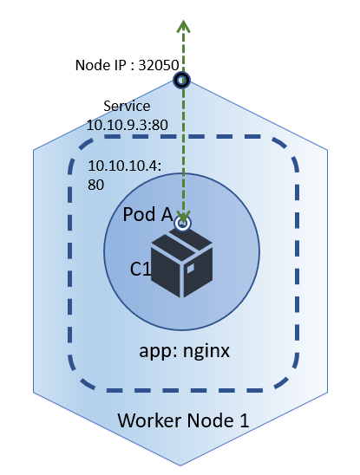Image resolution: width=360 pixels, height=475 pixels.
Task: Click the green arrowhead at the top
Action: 183,25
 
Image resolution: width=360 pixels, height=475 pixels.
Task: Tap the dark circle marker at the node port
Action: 183,81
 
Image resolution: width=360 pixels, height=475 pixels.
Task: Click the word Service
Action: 126,107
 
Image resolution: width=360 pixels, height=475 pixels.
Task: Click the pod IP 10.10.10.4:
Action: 124,165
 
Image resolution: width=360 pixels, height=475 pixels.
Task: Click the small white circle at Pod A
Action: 182,223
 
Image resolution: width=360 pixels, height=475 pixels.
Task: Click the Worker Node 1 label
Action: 183,421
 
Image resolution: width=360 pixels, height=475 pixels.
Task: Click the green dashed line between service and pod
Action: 183,147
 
